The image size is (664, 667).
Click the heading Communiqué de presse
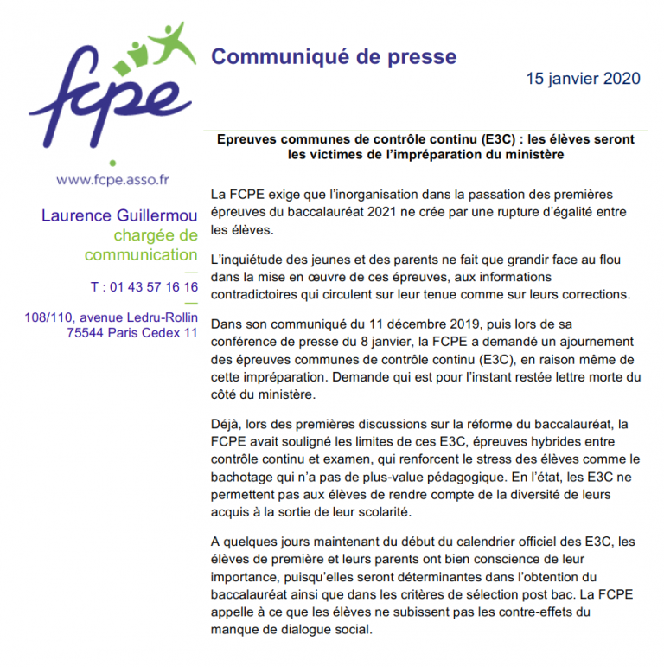[334, 57]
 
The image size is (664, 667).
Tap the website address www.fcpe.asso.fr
[112, 181]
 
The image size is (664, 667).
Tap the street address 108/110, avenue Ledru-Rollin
[112, 317]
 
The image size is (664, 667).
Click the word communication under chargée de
[141, 255]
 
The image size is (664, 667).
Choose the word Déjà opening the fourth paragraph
[227, 424]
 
